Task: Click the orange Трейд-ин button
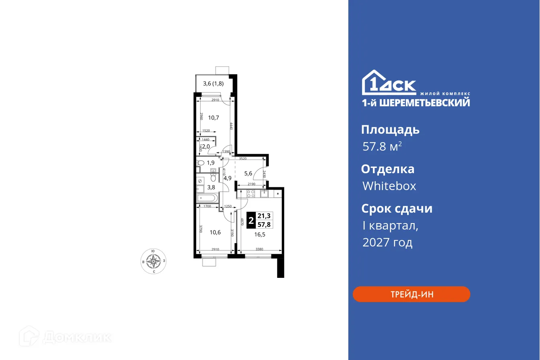(411, 294)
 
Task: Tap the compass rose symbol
(153, 261)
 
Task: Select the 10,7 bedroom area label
(213, 118)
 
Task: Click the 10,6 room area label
(215, 232)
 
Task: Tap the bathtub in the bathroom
(207, 198)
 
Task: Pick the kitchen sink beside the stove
(265, 194)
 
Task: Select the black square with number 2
(251, 221)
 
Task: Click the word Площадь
(390, 130)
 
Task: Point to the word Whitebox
(389, 186)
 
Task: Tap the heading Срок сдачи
(396, 209)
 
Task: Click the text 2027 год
(387, 242)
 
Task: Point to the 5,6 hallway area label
(248, 174)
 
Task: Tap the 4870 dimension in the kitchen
(241, 222)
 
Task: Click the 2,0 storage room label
(206, 147)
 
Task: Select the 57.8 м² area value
(382, 147)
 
